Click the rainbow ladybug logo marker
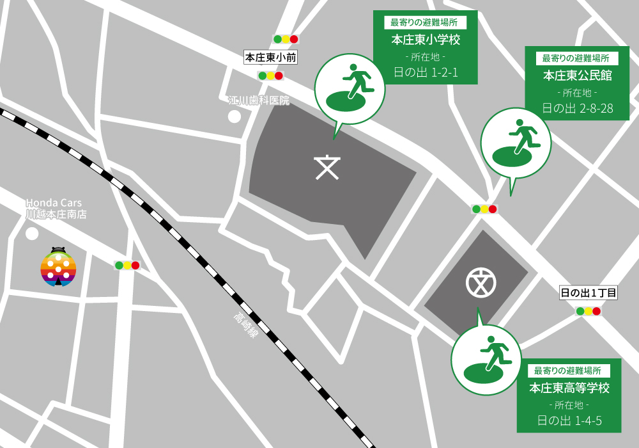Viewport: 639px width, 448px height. [x=58, y=267]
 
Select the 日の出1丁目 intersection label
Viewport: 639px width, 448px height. [x=589, y=293]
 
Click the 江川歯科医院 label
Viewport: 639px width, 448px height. [x=259, y=100]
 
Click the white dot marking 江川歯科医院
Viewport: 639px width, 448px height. [x=235, y=116]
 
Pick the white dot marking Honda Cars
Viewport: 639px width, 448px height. [x=31, y=234]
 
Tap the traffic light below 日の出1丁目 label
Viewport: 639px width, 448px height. [x=589, y=312]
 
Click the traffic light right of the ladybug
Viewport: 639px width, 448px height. [x=127, y=266]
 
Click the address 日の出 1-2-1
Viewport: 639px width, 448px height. [x=426, y=72]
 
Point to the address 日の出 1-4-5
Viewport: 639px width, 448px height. [x=569, y=420]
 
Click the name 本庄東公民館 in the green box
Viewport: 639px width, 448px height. [x=578, y=76]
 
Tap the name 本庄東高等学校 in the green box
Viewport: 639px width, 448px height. [x=569, y=388]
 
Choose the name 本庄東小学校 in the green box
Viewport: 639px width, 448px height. [x=426, y=40]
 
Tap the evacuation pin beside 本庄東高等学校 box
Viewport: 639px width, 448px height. [x=486, y=359]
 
